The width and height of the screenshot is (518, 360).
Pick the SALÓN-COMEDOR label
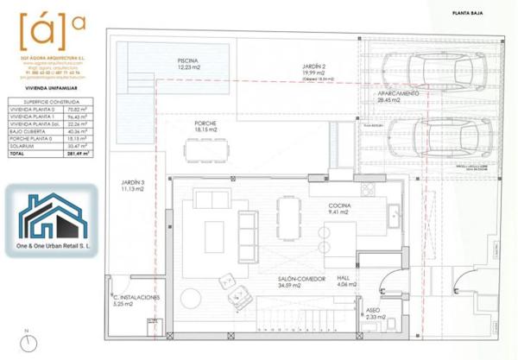[295, 281]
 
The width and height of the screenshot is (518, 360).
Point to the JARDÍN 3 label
[132, 195]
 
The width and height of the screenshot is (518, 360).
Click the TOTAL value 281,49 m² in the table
[80, 154]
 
